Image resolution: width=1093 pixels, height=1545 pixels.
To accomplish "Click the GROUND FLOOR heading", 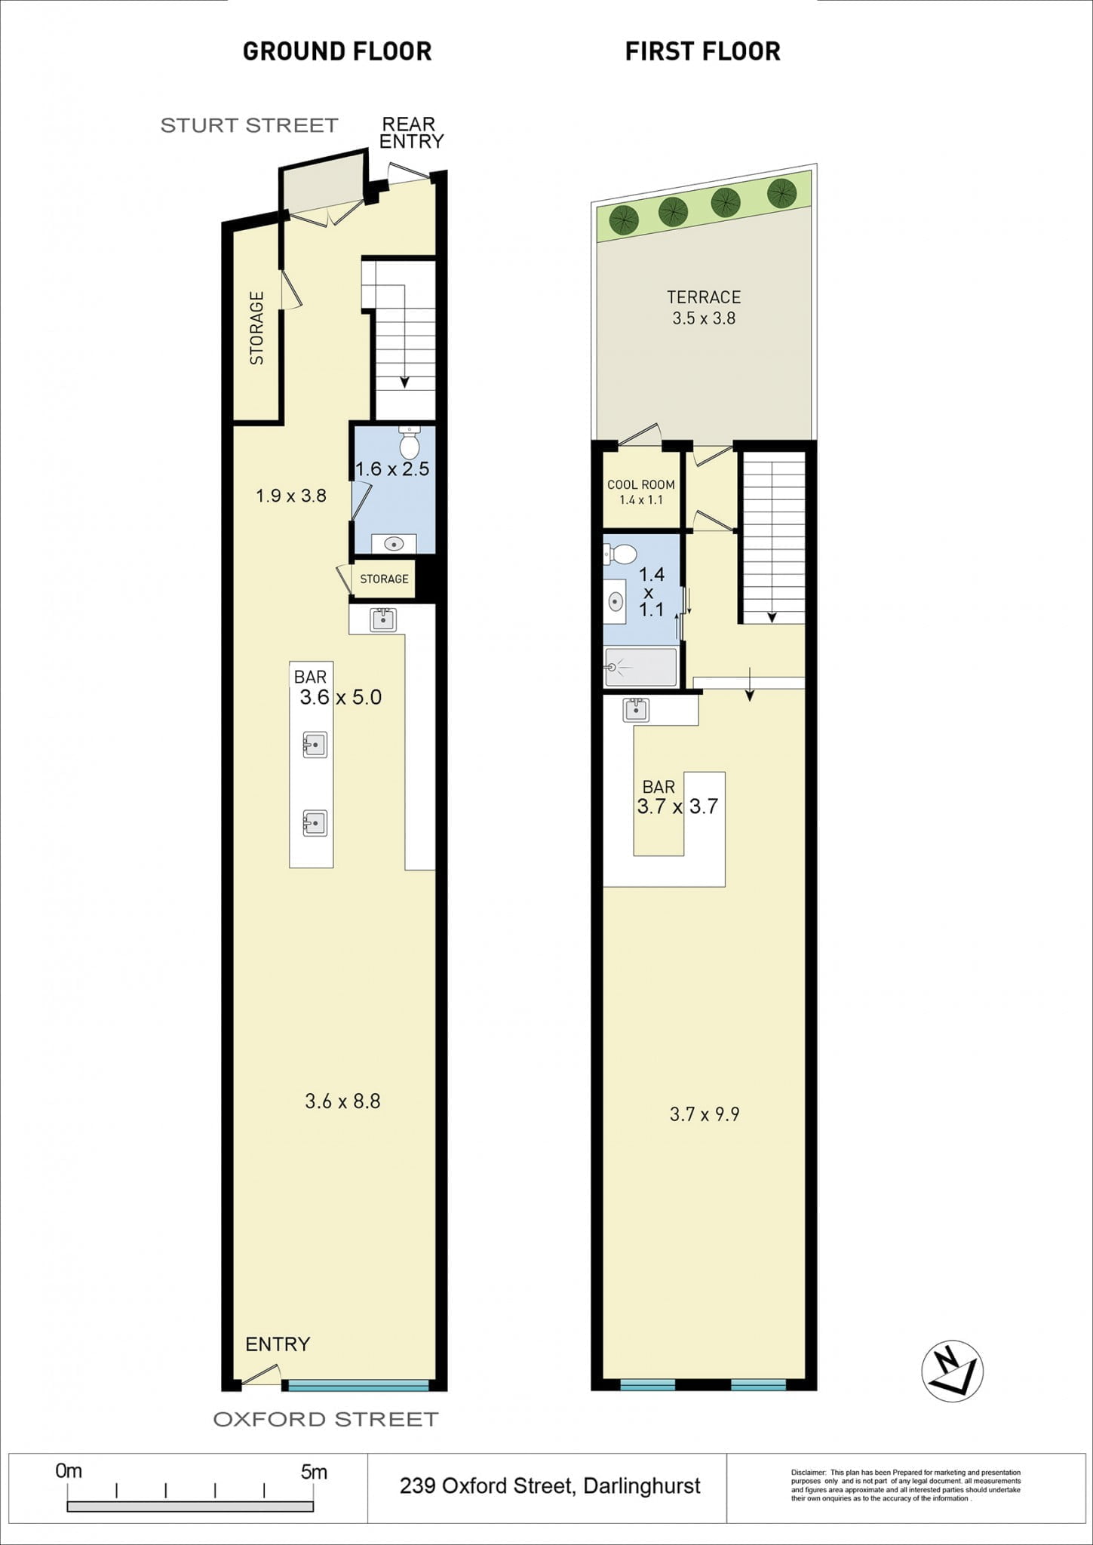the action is coord(337,51).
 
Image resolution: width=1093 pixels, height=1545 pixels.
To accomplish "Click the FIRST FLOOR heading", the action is coord(703,51).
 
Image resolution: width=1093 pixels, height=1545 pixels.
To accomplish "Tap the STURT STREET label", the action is coord(249,125).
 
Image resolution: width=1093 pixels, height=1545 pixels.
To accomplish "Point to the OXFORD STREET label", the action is coord(326,1419).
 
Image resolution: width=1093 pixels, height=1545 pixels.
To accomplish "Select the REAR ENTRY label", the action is coord(411,133).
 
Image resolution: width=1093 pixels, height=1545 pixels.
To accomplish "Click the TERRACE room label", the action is coord(704,297).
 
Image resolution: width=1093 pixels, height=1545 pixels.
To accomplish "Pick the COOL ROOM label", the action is coord(641,484).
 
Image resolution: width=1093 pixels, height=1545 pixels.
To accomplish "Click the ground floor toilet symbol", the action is coord(409,443).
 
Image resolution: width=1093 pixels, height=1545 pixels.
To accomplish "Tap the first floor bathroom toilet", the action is coord(620,554).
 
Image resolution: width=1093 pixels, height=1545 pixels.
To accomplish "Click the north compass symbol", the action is coord(953,1371).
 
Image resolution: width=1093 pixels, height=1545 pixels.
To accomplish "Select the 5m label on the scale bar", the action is coord(314,1472).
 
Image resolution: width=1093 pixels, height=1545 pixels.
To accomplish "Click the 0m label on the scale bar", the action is coord(69,1471).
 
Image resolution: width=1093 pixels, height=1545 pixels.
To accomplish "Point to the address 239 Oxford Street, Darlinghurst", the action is coord(550,1486).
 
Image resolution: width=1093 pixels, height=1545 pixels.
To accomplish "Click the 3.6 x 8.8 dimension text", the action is coord(342,1101).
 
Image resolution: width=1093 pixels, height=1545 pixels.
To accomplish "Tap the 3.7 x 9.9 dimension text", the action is coord(705,1114).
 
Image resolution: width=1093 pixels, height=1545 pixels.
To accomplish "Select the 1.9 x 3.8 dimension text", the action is coord(291,496).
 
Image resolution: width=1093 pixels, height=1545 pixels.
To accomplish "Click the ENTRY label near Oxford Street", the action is coord(278,1344).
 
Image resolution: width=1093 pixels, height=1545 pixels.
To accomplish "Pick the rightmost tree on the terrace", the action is coord(782,193).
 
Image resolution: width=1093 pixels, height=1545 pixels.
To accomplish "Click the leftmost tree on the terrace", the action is coord(624,220).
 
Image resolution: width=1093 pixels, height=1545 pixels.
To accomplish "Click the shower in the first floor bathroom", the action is coord(640,667).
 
